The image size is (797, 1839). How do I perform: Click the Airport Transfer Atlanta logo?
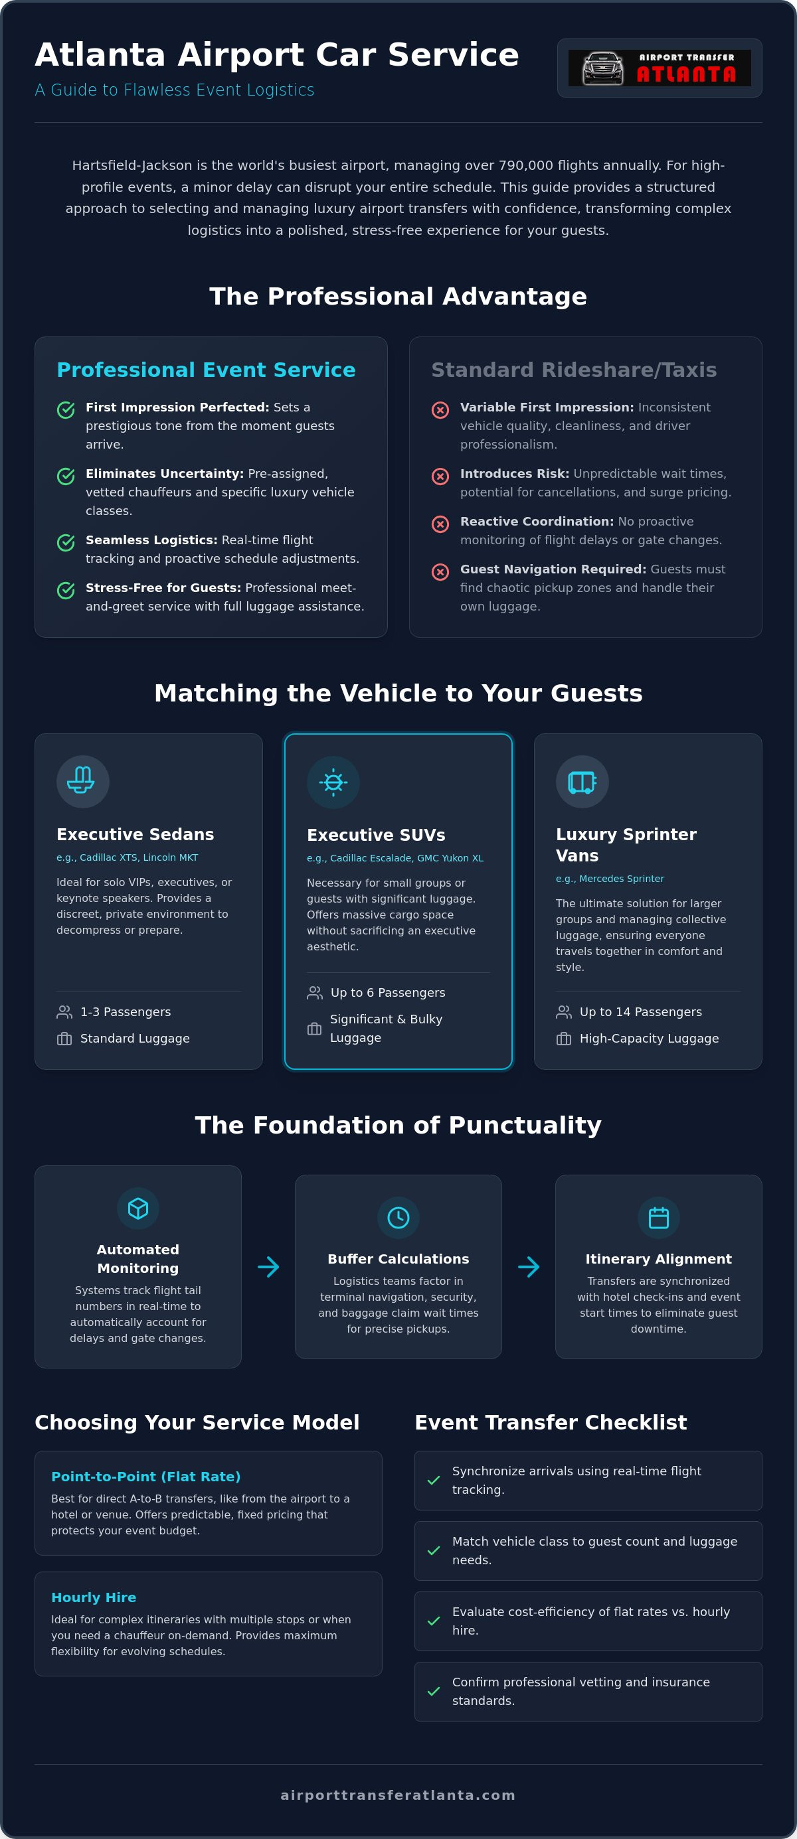point(659,68)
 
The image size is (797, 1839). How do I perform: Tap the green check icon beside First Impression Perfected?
point(66,409)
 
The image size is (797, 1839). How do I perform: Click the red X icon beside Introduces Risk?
point(440,476)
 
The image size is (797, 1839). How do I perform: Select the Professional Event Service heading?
point(206,370)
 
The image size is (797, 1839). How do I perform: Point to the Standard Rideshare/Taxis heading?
point(573,370)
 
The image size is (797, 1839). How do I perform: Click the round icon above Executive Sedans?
point(83,781)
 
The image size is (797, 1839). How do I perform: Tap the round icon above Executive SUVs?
point(333,782)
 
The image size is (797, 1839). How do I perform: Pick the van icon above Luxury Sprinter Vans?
point(582,781)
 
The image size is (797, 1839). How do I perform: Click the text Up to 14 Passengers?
point(641,1011)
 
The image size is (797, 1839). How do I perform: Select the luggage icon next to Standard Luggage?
point(64,1039)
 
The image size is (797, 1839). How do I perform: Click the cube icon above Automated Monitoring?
point(138,1208)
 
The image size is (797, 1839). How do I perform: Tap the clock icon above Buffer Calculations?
point(398,1217)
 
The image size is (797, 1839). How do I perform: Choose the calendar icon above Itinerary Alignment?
point(658,1217)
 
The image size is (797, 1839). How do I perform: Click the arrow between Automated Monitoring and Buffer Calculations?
point(268,1267)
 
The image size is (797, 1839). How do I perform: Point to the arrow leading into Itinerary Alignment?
point(529,1267)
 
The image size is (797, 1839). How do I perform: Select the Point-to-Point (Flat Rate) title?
point(145,1477)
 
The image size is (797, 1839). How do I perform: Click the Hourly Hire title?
point(94,1597)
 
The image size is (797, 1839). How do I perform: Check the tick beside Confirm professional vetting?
point(434,1691)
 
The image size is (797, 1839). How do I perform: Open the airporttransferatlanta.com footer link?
point(398,1795)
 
